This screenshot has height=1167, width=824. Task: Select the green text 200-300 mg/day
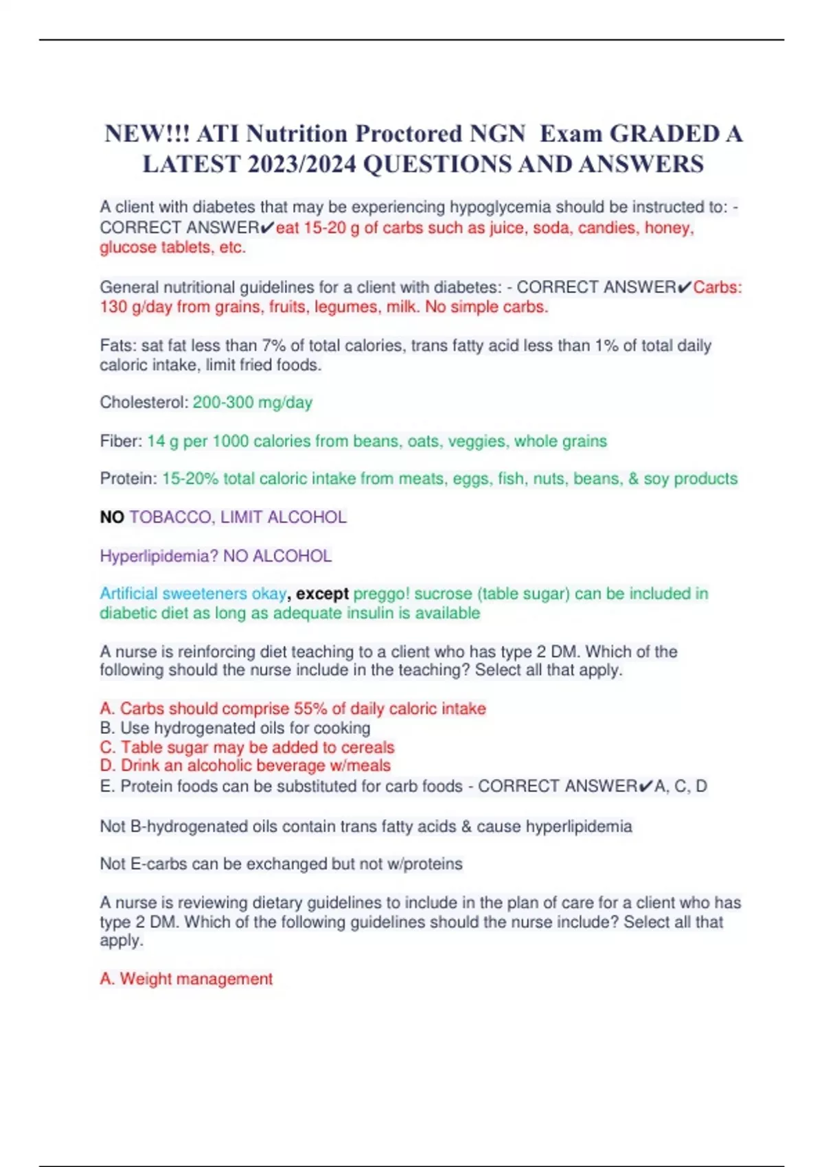point(252,402)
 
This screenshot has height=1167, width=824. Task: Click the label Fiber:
point(121,441)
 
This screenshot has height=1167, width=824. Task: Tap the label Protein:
point(128,478)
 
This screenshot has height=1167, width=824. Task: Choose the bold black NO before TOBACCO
point(111,517)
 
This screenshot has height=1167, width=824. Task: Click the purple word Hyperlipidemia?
point(159,555)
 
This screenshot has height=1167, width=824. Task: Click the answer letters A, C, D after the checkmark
point(680,786)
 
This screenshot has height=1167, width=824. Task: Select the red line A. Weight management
point(186,979)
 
